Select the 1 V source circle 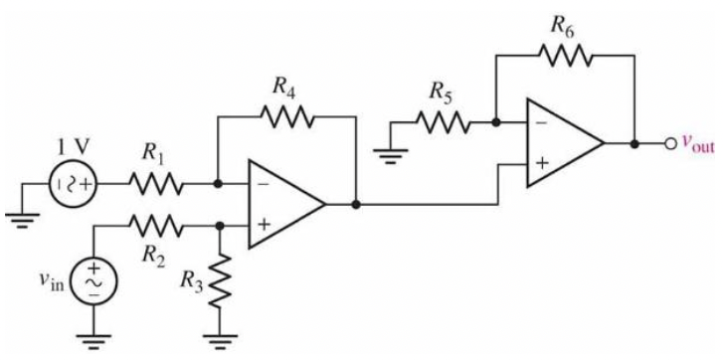coord(77,183)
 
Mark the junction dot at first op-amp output coord(355,205)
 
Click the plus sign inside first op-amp coord(264,226)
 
